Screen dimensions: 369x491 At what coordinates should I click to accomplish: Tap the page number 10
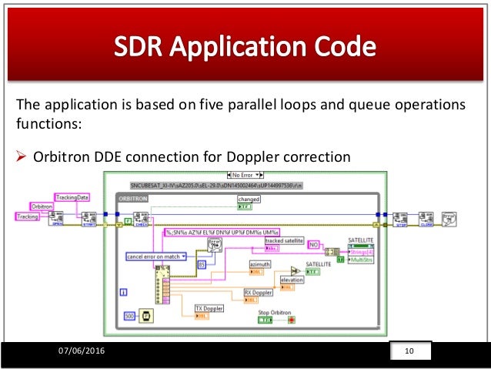tap(409, 352)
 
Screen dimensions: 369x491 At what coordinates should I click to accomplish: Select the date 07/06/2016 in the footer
tap(82, 352)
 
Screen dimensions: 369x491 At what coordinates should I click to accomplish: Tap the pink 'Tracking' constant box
tap(28, 217)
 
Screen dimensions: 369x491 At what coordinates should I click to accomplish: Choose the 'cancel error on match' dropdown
tap(154, 256)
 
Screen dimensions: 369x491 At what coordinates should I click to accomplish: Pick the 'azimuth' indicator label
tap(260, 263)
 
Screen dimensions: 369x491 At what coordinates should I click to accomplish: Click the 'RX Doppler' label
tap(259, 293)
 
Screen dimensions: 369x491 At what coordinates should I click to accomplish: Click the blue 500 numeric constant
tap(129, 316)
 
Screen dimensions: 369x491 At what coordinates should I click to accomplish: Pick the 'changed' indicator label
tap(249, 198)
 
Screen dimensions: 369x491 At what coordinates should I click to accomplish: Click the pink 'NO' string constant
tap(313, 244)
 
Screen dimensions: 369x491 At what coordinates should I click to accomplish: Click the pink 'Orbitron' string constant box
tap(41, 207)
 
